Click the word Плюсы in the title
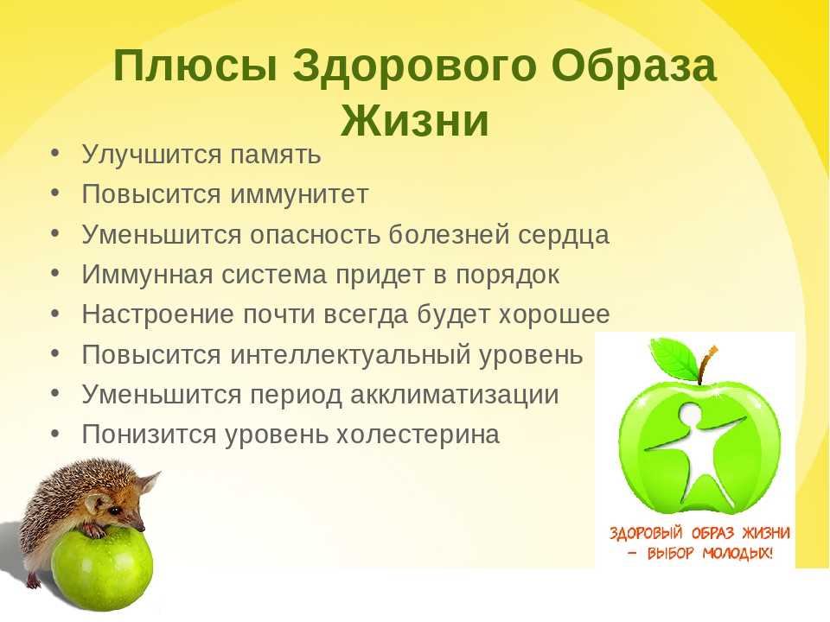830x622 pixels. tap(195, 66)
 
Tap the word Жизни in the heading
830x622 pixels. tap(415, 120)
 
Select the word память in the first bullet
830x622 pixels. tap(276, 155)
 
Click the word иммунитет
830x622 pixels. tap(299, 194)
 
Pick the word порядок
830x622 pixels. tap(508, 275)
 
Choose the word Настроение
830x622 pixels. tap(157, 314)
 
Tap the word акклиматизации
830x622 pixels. tap(455, 395)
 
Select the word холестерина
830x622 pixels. tap(418, 435)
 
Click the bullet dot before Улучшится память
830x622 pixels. tap(55, 153)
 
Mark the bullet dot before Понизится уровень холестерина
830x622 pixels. tap(55, 433)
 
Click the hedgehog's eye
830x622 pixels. tap(114, 511)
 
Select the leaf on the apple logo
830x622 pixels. tap(675, 358)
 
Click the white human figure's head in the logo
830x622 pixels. tap(690, 416)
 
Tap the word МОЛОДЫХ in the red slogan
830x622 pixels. tap(737, 553)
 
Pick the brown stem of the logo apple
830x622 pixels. tap(706, 365)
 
